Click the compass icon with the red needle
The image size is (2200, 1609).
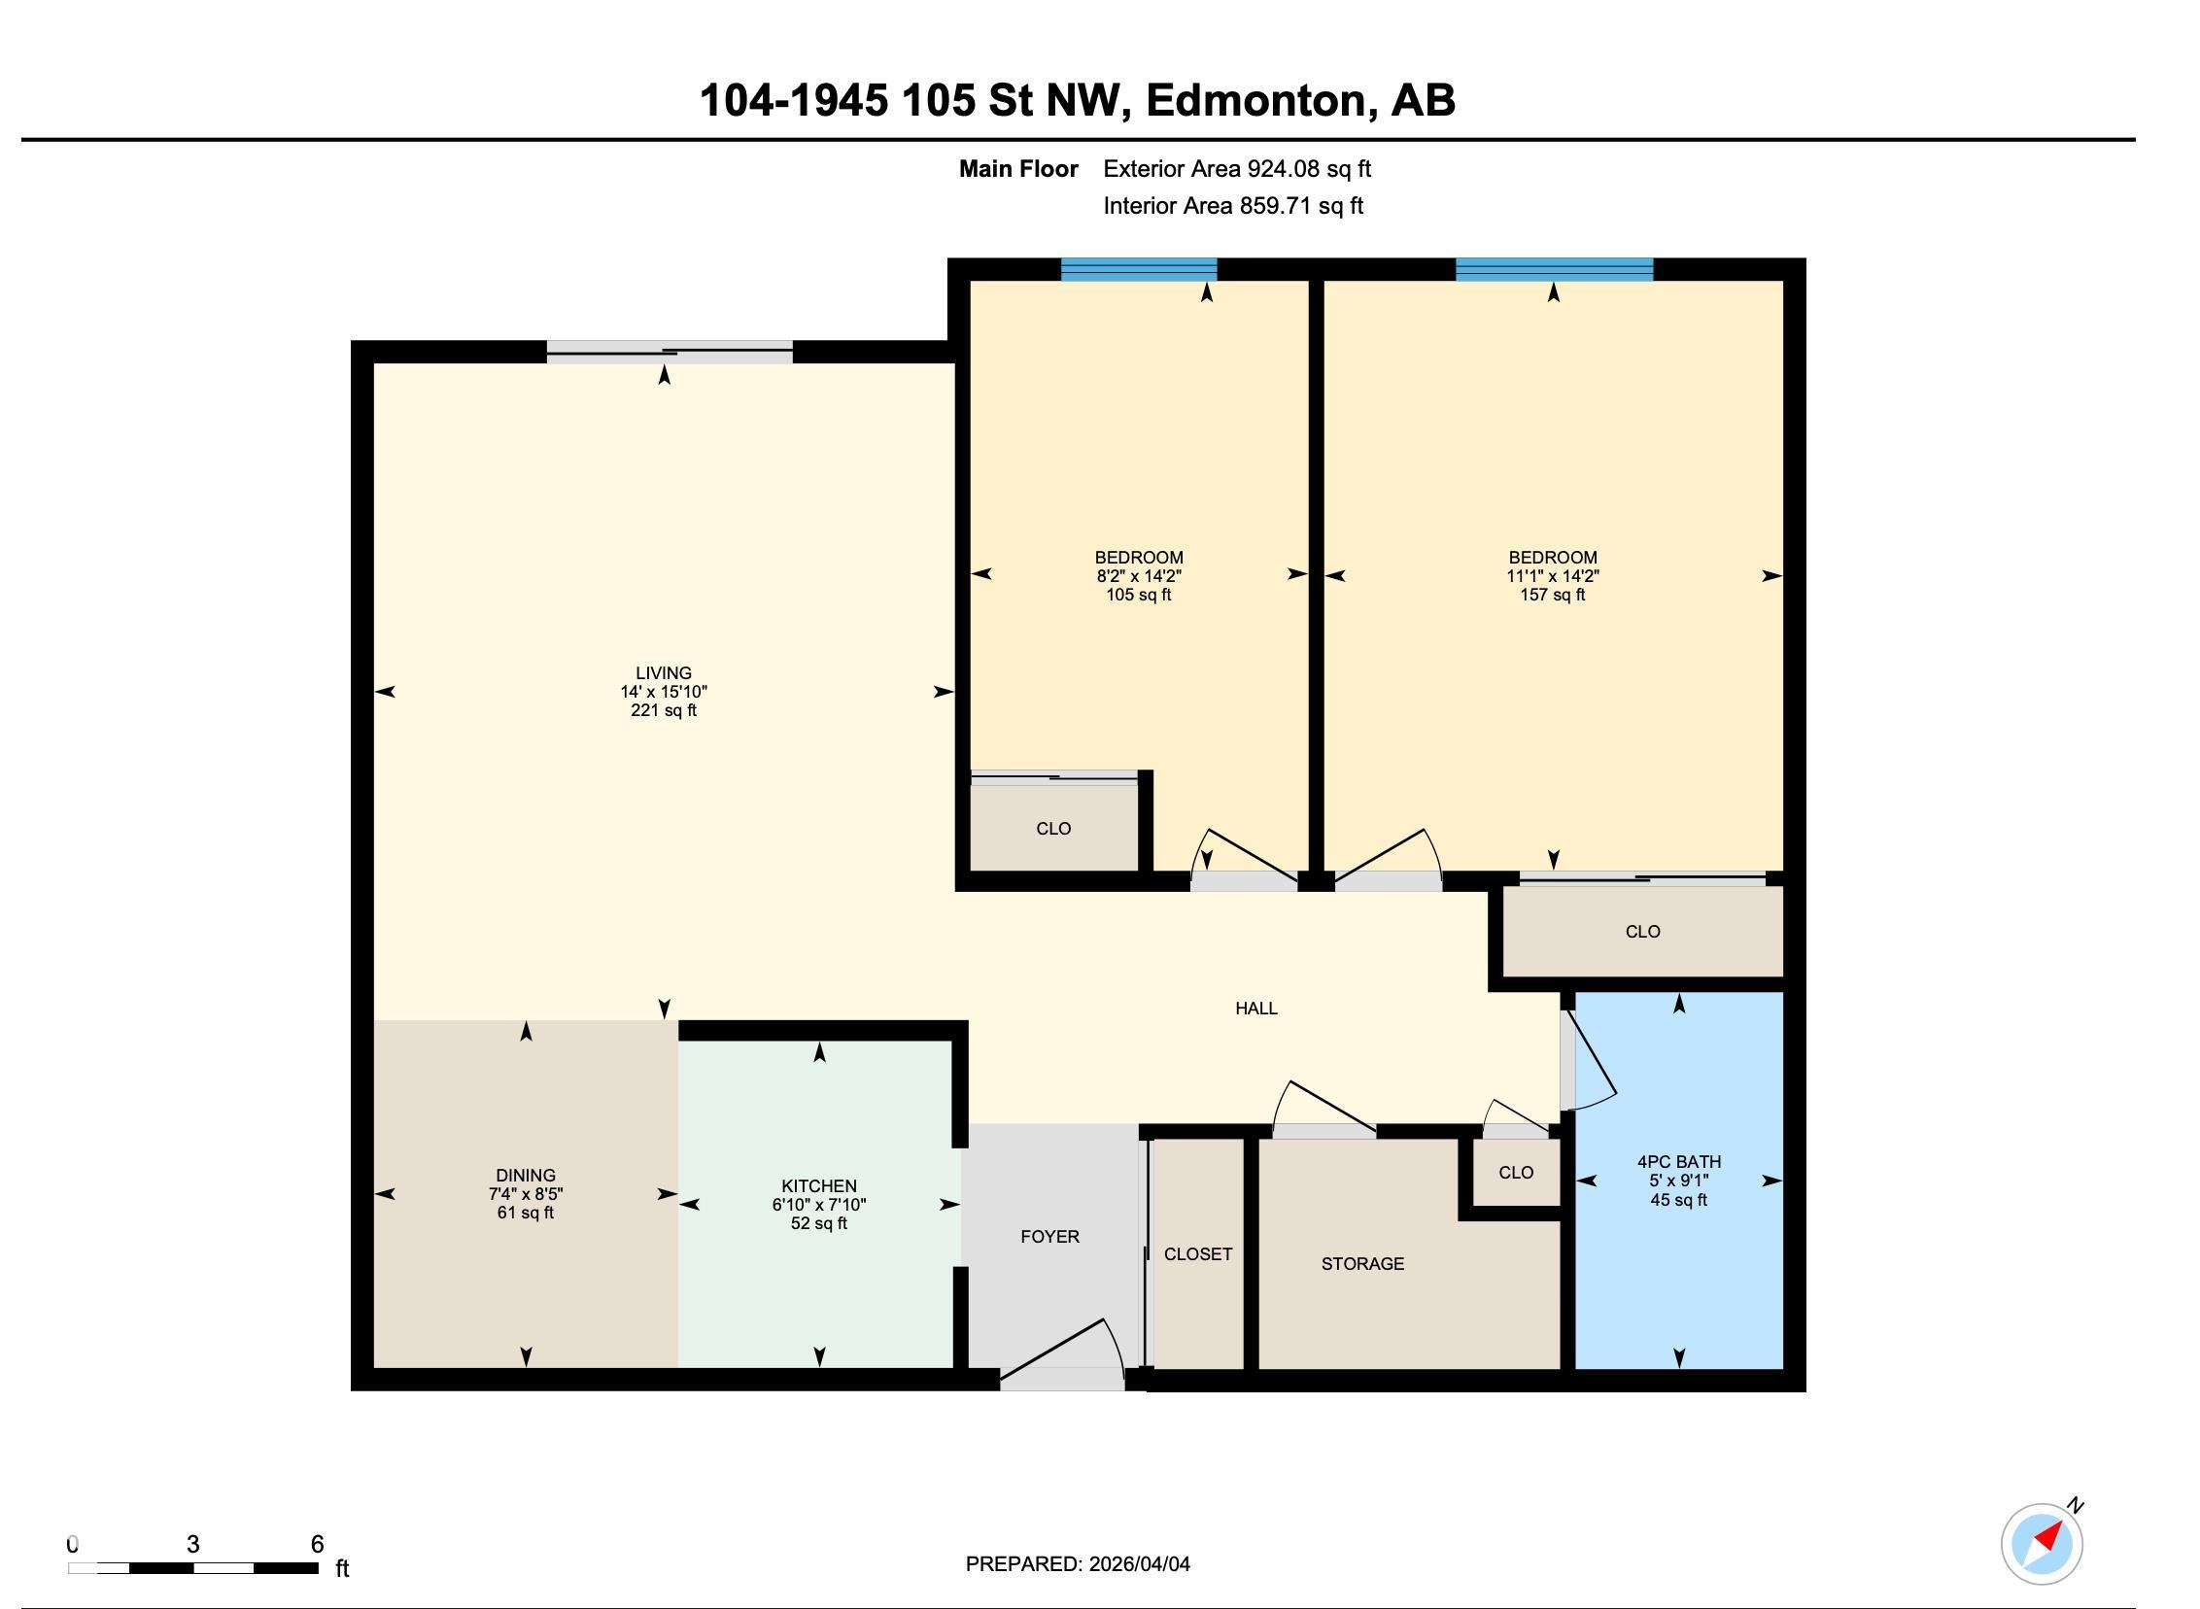pyautogui.click(x=2042, y=1544)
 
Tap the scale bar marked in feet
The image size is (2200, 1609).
pyautogui.click(x=192, y=1568)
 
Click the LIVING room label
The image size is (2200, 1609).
pyautogui.click(x=664, y=673)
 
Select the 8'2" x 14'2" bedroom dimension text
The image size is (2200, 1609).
pyautogui.click(x=1139, y=575)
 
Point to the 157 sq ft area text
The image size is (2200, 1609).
pyautogui.click(x=1553, y=594)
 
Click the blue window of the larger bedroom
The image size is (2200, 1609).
pyautogui.click(x=1554, y=269)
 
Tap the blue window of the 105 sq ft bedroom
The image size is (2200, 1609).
pyautogui.click(x=1139, y=269)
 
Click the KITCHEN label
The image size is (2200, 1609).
pyautogui.click(x=818, y=1185)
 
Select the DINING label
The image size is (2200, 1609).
pyautogui.click(x=525, y=1175)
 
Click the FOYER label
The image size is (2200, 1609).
pyautogui.click(x=1048, y=1236)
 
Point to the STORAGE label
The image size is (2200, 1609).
pyautogui.click(x=1361, y=1263)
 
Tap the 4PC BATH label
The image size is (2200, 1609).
pyautogui.click(x=1678, y=1161)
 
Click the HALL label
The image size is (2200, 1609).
pyautogui.click(x=1255, y=1009)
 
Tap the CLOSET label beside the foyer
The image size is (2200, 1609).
pyautogui.click(x=1197, y=1253)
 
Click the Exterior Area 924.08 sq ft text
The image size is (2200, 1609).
pyautogui.click(x=1236, y=168)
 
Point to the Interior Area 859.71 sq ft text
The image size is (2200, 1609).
pyautogui.click(x=1232, y=206)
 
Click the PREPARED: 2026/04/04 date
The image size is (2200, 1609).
pyautogui.click(x=1077, y=1563)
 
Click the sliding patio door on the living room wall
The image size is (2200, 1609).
pyautogui.click(x=670, y=352)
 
